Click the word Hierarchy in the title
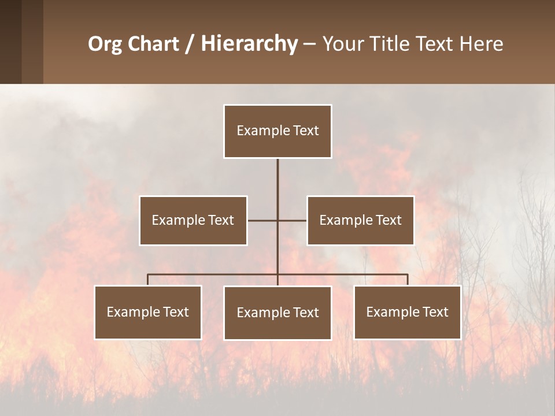[249, 44]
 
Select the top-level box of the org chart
[277, 131]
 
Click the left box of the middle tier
[193, 220]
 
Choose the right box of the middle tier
[360, 220]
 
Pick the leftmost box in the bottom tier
[148, 312]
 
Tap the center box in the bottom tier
[277, 313]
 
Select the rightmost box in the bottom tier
[408, 312]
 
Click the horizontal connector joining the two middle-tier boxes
[292, 220]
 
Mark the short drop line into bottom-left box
[148, 280]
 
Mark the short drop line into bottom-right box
[408, 280]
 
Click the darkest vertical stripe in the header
[10, 42]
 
